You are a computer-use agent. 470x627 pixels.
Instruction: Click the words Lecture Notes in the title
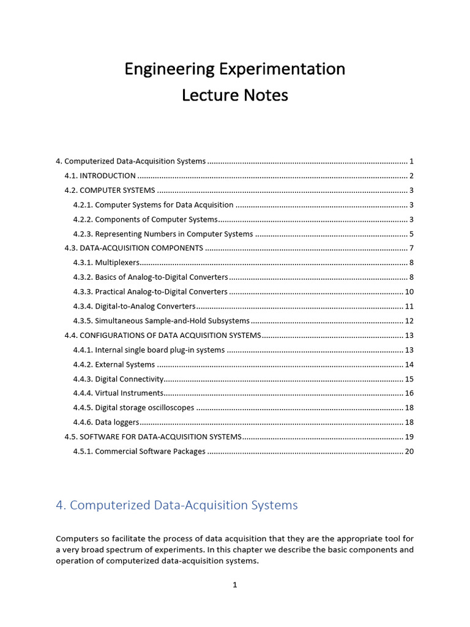pyautogui.click(x=235, y=96)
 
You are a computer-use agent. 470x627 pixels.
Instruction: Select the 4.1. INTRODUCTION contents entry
pyautogui.click(x=100, y=176)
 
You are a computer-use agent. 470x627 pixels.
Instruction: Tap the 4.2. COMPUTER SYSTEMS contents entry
pyautogui.click(x=110, y=190)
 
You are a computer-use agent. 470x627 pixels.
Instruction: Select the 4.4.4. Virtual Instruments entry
pyautogui.click(x=118, y=393)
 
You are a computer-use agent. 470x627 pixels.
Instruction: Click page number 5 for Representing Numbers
pyautogui.click(x=412, y=234)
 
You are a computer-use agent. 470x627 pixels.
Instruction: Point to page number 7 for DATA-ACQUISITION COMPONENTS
pyautogui.click(x=412, y=248)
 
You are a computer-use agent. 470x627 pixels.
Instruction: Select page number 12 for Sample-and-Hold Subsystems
pyautogui.click(x=409, y=321)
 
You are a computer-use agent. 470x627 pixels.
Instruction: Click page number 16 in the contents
pyautogui.click(x=409, y=393)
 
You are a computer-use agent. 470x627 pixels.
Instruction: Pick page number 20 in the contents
pyautogui.click(x=409, y=451)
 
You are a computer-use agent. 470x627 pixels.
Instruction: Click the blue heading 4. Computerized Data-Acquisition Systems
pyautogui.click(x=177, y=505)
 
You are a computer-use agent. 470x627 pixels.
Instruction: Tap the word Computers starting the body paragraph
pyautogui.click(x=76, y=539)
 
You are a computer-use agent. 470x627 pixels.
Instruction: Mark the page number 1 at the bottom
pyautogui.click(x=235, y=585)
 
